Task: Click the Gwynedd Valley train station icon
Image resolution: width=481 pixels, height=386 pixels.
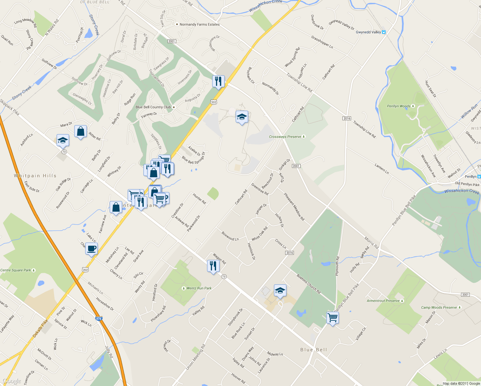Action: point(383,32)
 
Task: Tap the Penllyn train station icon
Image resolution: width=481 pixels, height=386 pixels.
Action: point(479,177)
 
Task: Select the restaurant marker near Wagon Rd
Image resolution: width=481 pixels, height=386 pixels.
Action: point(213,266)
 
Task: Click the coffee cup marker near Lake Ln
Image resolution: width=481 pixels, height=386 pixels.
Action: point(92,249)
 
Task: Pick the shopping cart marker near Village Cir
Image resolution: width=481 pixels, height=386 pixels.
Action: point(332,318)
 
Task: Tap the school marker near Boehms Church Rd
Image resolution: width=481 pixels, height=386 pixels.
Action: point(280,291)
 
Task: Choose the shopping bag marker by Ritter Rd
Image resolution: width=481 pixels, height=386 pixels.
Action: point(80,132)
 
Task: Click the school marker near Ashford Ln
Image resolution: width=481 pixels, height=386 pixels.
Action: point(63,141)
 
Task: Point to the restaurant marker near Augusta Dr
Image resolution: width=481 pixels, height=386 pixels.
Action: point(218,81)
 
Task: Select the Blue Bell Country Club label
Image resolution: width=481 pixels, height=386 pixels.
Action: point(153,107)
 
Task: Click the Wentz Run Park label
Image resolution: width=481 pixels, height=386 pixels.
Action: point(199,288)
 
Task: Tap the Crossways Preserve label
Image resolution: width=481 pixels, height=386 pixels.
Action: point(285,137)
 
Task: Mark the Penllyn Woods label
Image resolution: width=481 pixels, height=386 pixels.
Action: point(399,106)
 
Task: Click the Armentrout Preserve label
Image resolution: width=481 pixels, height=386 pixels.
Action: point(383,301)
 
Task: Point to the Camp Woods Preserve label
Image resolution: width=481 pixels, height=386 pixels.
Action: point(439,308)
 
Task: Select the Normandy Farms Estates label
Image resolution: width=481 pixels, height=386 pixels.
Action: point(199,24)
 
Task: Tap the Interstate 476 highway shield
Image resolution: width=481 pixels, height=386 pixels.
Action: point(99,319)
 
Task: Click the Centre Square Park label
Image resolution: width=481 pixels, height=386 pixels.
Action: point(16,270)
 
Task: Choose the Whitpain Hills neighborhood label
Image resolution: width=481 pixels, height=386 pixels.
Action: point(35,176)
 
